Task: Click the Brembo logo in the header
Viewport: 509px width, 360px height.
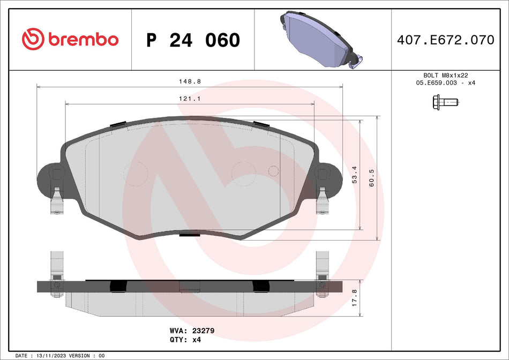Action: (70, 39)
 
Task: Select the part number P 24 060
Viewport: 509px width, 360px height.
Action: (193, 40)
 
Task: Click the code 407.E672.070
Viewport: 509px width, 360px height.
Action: (445, 40)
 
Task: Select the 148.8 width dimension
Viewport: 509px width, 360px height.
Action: (190, 81)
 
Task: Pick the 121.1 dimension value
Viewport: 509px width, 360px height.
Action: (190, 99)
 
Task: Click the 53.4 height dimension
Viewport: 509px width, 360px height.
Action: (354, 175)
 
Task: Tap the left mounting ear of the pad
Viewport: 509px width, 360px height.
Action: (50, 177)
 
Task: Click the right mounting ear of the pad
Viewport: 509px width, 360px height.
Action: (328, 176)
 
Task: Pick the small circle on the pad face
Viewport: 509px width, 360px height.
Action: (273, 171)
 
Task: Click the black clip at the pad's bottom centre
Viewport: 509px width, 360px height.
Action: (189, 234)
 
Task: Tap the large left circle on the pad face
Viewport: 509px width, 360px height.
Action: (136, 174)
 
